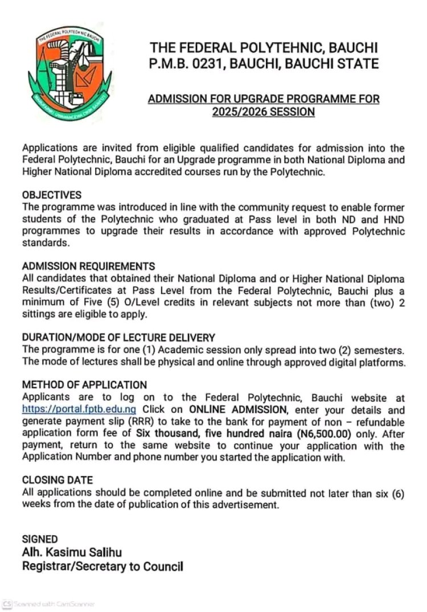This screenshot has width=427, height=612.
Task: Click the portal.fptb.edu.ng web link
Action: [x=79, y=409]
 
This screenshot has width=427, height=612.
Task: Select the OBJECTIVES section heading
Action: [x=52, y=195]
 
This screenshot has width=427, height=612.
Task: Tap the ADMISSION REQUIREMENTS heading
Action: [x=88, y=266]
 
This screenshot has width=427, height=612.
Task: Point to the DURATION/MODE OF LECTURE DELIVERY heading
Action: [x=118, y=338]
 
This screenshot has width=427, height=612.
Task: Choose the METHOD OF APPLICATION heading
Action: [x=84, y=385]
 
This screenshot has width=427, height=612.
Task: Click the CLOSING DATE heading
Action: [x=57, y=480]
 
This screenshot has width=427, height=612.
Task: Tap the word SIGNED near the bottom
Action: [x=40, y=539]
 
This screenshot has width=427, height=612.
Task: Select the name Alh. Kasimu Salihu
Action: [x=72, y=552]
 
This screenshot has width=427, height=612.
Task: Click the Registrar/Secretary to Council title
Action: [x=102, y=566]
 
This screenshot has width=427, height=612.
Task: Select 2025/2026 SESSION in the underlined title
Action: [x=264, y=112]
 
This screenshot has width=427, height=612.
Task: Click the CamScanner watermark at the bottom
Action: [x=48, y=603]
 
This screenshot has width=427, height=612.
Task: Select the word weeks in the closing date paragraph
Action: [x=35, y=504]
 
